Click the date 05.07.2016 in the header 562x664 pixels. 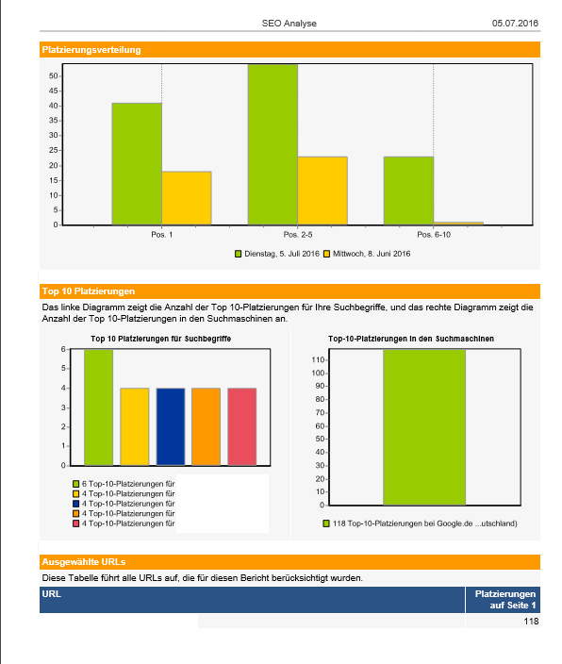[515, 24]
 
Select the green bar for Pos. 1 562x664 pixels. [137, 164]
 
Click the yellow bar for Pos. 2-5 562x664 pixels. [322, 191]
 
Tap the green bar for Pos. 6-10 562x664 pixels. [408, 191]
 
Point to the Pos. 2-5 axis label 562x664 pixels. [298, 235]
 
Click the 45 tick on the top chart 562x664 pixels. [54, 91]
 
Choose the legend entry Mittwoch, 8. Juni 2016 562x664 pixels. [367, 254]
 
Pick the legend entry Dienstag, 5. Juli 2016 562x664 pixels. [277, 254]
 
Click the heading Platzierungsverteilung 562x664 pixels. [91, 50]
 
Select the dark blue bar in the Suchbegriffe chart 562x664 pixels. [171, 427]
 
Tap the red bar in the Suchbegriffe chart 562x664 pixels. [241, 427]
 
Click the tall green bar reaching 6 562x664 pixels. [99, 407]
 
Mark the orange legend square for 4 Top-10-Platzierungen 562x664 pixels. [76, 514]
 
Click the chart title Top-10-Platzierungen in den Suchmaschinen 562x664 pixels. [411, 339]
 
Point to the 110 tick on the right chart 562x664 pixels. [318, 360]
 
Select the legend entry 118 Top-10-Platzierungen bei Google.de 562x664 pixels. [421, 523]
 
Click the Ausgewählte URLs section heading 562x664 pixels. [83, 562]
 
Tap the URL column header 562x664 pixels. [51, 593]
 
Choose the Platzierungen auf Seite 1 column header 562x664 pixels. [505, 600]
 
